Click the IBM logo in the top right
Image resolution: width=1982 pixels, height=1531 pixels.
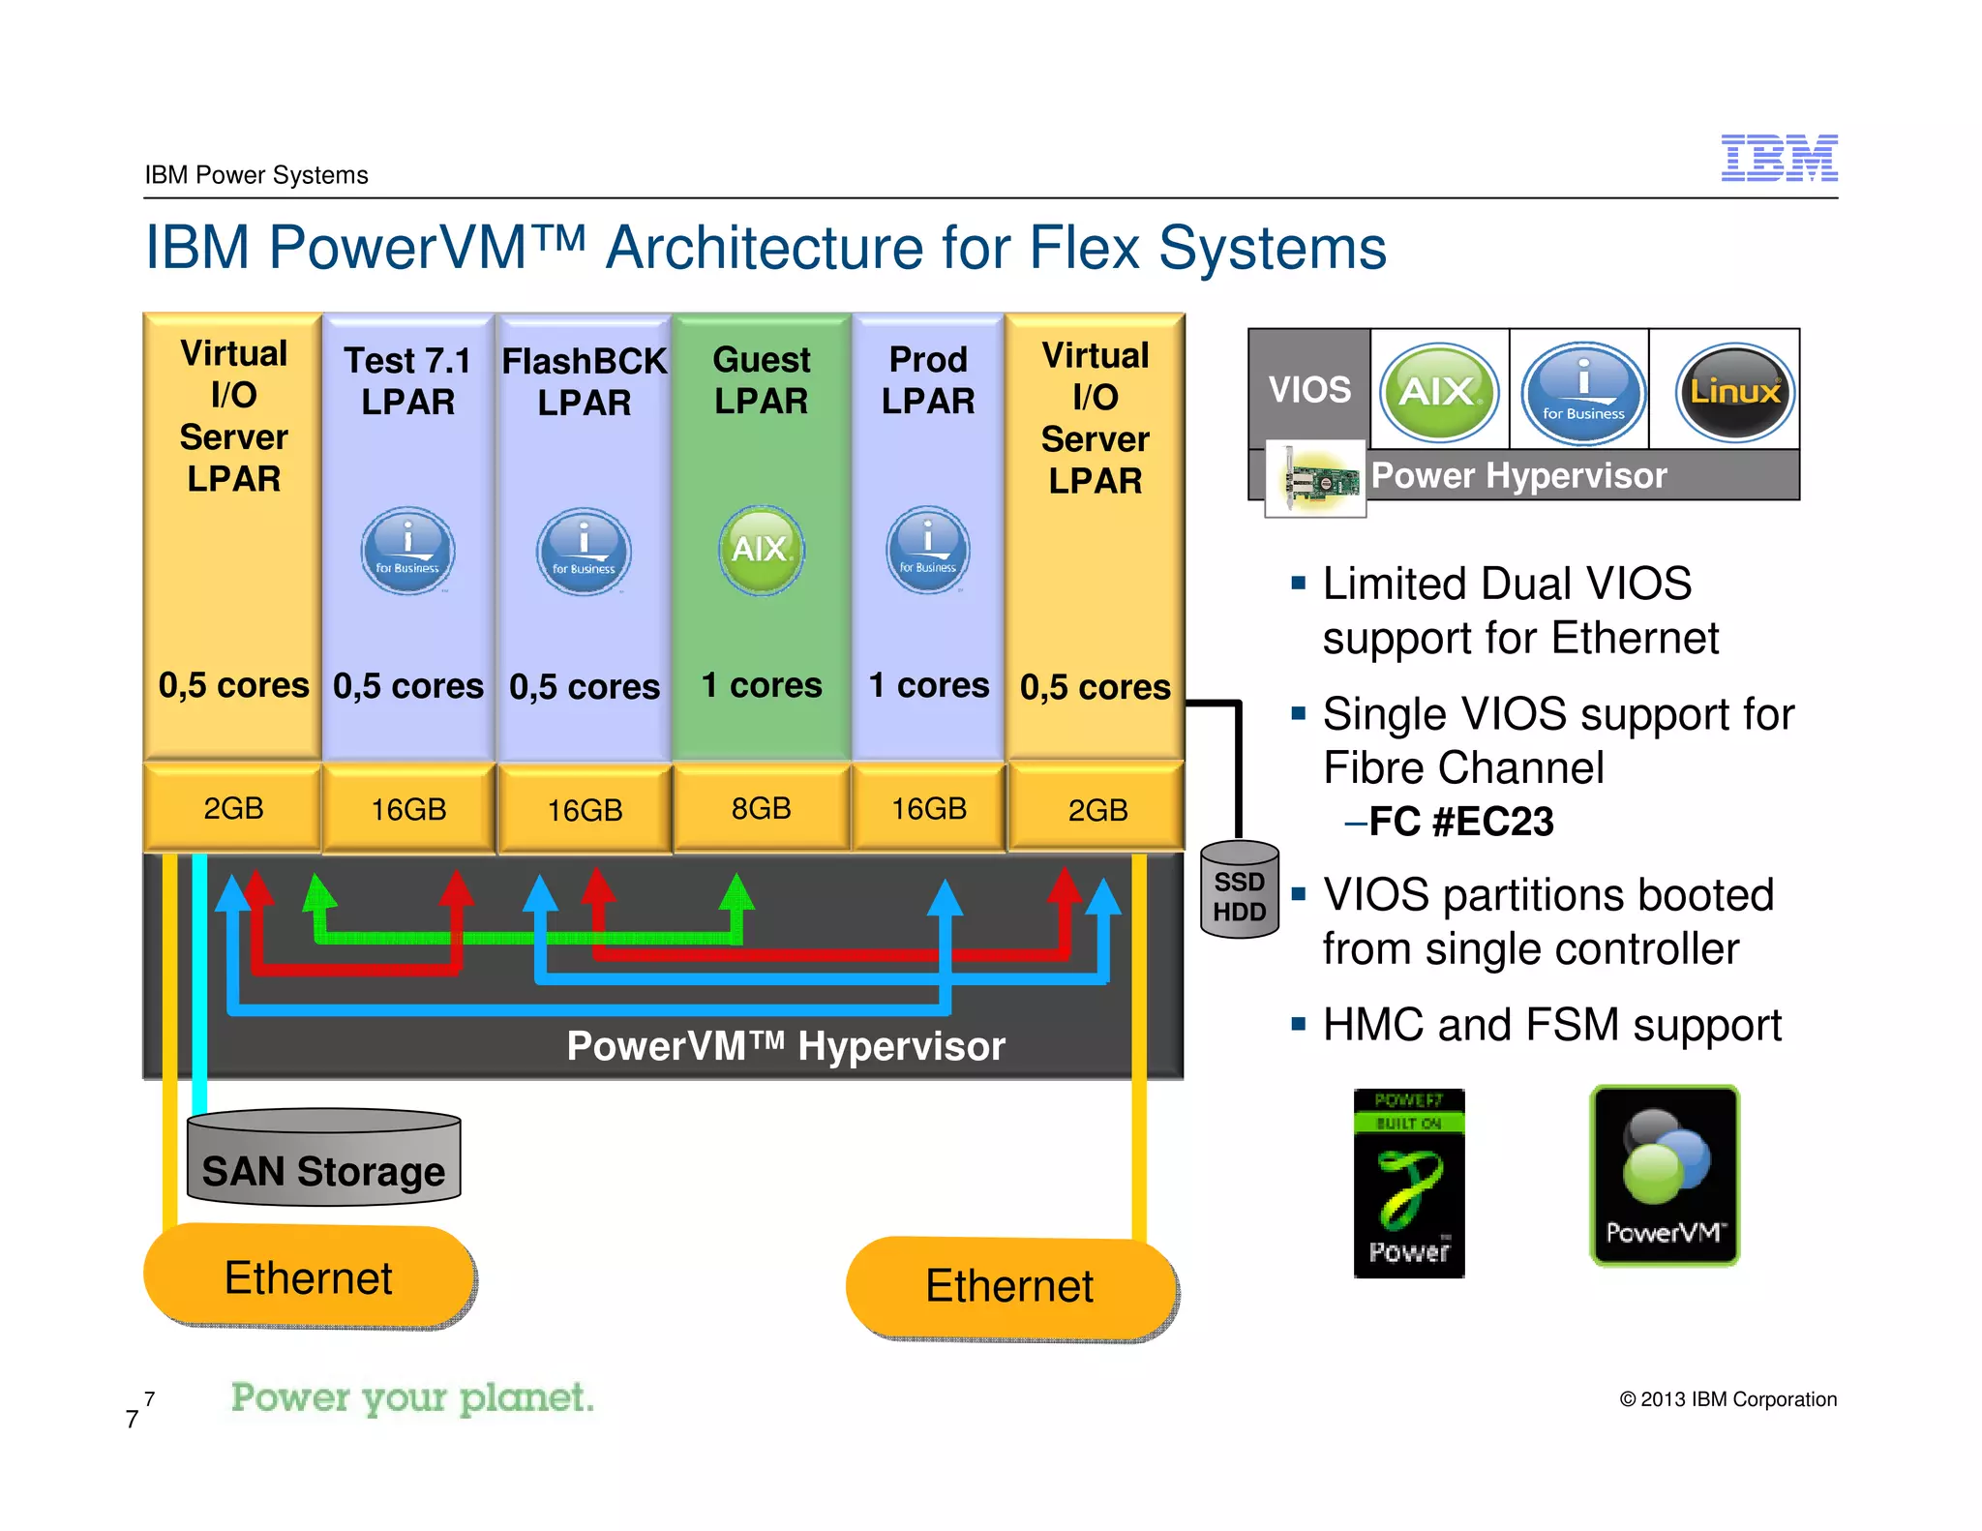[x=1779, y=158]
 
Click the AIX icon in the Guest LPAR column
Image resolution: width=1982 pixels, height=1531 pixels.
[x=762, y=550]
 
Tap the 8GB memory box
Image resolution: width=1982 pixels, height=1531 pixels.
[x=762, y=808]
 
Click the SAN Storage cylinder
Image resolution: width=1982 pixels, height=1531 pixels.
[x=323, y=1159]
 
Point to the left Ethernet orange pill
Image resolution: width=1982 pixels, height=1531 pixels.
[x=309, y=1277]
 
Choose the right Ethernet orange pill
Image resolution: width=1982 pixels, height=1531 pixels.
[x=1010, y=1287]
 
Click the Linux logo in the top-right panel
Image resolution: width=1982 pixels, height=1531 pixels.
[x=1734, y=392]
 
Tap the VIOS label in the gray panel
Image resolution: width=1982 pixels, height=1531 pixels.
[x=1309, y=389]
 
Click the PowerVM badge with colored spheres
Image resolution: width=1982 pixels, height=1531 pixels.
[x=1665, y=1175]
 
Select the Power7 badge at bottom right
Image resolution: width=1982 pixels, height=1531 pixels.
[x=1408, y=1184]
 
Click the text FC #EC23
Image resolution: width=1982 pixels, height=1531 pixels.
[x=1461, y=822]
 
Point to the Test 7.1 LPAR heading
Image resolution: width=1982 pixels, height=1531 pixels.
[x=407, y=381]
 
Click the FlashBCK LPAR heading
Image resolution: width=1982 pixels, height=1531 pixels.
[x=584, y=381]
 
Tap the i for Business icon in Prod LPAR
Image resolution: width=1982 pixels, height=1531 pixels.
[x=927, y=550]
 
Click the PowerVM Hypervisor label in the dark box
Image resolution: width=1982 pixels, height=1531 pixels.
[x=785, y=1046]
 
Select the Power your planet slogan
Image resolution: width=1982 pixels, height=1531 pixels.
[x=412, y=1397]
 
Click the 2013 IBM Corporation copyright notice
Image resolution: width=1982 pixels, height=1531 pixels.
[x=1728, y=1399]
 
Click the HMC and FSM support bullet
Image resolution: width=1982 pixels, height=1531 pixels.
[x=1550, y=1025]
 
